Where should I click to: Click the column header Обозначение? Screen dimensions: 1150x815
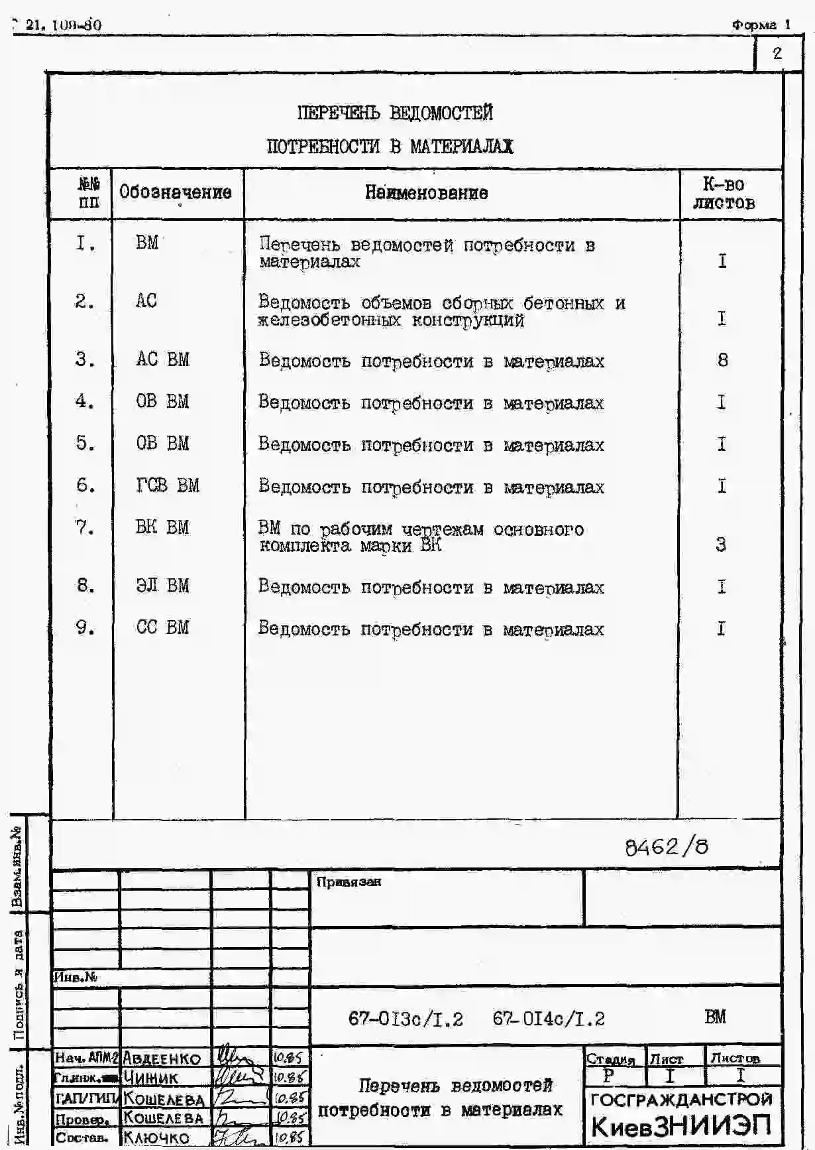[x=176, y=192]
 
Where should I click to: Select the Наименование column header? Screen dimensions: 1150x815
[x=426, y=193]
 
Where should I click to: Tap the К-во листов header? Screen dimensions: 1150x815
[x=724, y=194]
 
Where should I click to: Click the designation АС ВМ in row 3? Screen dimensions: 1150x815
[x=162, y=359]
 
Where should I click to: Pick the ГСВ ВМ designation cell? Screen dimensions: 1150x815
[x=167, y=485]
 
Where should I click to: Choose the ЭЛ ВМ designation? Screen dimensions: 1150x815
[x=162, y=586]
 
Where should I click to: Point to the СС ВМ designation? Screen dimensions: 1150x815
[x=162, y=627]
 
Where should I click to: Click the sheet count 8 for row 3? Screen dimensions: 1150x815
[x=722, y=360]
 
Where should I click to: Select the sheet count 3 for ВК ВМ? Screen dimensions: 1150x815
[x=721, y=544]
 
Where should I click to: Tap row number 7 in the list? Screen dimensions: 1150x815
[x=85, y=528]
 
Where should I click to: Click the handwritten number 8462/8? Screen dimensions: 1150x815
[x=666, y=847]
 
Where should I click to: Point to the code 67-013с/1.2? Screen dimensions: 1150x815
[x=406, y=1019]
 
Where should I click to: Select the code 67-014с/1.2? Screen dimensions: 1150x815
[x=549, y=1019]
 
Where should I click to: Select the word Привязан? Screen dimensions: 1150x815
[x=349, y=882]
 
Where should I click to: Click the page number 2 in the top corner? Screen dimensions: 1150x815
[x=777, y=54]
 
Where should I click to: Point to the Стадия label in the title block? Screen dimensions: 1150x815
[x=610, y=1059]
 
